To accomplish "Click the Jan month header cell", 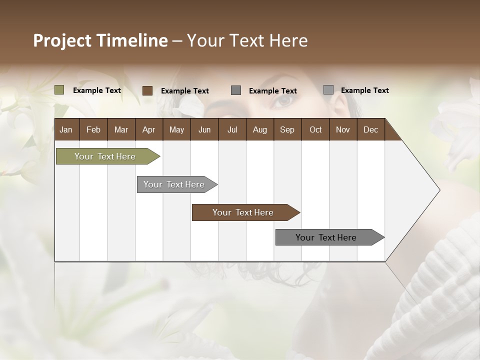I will coord(66,129).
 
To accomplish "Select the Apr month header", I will coord(148,129).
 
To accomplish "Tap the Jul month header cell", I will coord(232,129).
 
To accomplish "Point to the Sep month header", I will coord(287,129).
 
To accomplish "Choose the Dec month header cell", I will coord(370,129).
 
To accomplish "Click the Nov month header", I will coord(342,129).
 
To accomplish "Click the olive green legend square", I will coord(59,90).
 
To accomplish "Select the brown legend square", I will coord(147,90).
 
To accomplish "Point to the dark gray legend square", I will coord(236,90).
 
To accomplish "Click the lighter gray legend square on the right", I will coord(328,90).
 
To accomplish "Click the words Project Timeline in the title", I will coord(100,40).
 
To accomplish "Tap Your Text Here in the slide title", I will coord(247,40).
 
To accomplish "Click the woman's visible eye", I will coord(284,100).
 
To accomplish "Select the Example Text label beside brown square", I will coord(184,91).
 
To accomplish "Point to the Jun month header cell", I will coord(204,129).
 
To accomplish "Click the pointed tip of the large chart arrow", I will coord(438,190).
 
